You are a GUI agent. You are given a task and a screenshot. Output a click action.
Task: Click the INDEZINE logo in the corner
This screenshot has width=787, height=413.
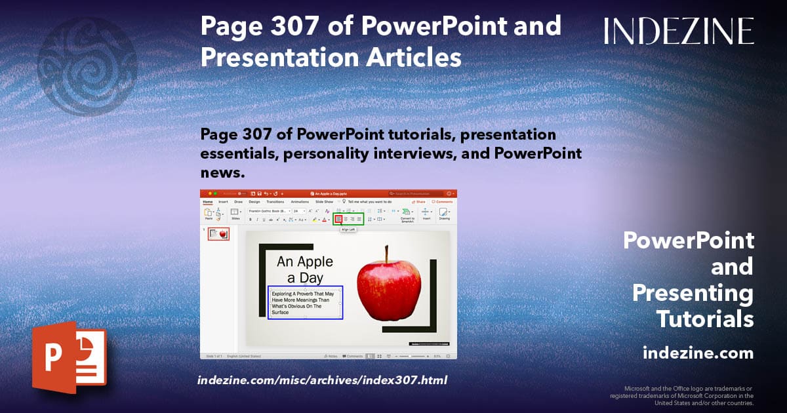[x=679, y=31]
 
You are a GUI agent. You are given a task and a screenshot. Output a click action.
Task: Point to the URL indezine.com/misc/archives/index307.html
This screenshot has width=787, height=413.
[x=322, y=380]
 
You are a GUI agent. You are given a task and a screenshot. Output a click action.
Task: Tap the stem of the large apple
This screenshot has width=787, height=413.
[x=387, y=253]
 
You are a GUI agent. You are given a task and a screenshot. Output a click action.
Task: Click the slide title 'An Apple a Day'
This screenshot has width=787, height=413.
[x=305, y=269]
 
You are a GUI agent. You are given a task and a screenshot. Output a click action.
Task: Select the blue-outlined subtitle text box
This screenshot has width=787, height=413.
[x=305, y=302]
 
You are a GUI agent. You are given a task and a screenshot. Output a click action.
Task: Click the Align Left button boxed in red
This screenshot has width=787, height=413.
[x=338, y=219]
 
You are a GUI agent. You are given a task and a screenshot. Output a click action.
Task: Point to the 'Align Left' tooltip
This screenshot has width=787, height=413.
[x=348, y=230]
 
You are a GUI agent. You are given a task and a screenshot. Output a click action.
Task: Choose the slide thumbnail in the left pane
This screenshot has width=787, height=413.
[x=219, y=234]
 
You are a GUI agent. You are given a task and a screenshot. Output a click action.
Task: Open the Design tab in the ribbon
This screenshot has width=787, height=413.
[x=254, y=202]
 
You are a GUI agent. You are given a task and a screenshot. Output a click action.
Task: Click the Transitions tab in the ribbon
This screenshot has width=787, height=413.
[x=275, y=202]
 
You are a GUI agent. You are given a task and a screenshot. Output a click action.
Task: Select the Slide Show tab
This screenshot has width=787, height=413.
[x=325, y=202]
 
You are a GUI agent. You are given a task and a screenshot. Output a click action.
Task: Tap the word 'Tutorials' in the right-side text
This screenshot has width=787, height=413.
[x=705, y=319]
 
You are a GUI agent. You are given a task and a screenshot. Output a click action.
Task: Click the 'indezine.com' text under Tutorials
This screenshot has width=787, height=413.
[x=698, y=353]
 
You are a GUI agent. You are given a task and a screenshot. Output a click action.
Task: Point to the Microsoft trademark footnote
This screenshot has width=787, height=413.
[x=682, y=396]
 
